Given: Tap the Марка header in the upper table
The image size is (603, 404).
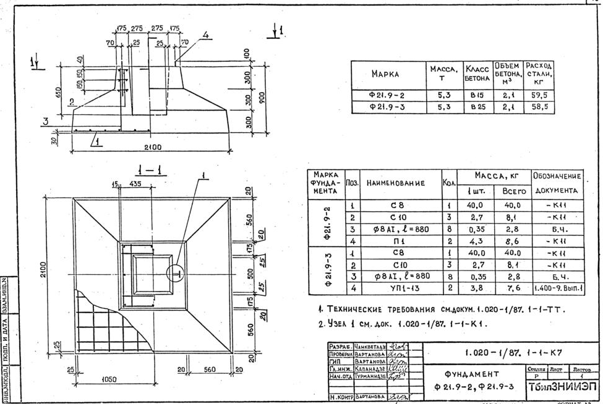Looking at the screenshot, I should tap(388, 74).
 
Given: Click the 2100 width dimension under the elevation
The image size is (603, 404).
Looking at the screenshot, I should tap(153, 147).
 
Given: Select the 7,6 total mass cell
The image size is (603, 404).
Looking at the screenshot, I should tap(513, 288).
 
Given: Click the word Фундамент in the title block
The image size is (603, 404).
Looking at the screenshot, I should tap(471, 374).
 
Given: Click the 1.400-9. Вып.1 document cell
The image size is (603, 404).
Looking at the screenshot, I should tap(557, 288).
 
